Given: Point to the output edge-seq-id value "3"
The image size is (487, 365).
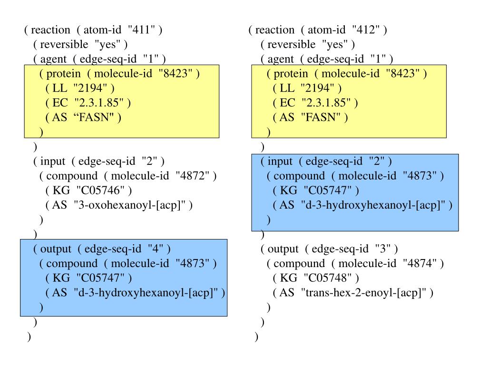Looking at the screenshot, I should (381, 249).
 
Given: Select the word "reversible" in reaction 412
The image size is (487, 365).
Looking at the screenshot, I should (291, 45).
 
